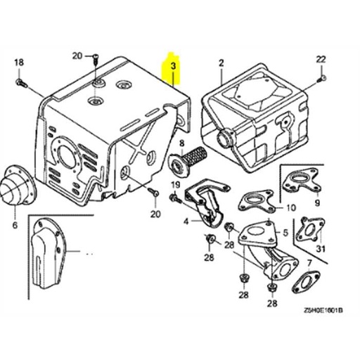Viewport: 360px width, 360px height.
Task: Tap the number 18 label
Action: [19, 63]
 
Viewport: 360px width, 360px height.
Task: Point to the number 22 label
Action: [321, 58]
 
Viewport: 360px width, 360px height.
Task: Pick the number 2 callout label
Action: [221, 63]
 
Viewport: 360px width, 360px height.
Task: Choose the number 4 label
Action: [186, 221]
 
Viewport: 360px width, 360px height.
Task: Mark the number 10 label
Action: [290, 208]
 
